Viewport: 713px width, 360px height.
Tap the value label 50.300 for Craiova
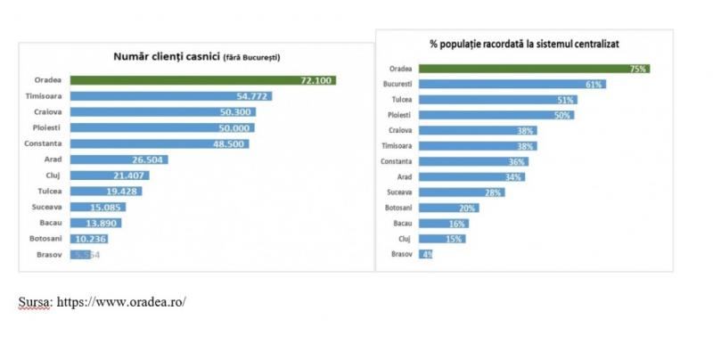click(x=234, y=112)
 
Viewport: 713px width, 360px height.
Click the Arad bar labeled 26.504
click(x=119, y=160)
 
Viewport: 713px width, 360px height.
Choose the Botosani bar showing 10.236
click(x=95, y=240)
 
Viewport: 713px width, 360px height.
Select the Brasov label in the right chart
click(x=401, y=255)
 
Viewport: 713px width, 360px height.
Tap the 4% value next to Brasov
click(x=426, y=255)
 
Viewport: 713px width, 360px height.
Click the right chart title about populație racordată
click(x=524, y=43)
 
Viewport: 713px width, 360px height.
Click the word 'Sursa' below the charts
click(x=36, y=301)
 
